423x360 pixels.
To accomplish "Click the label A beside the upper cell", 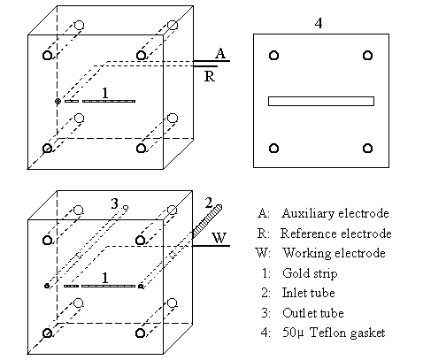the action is (x=220, y=53).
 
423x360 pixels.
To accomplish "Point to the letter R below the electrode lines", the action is (x=210, y=76).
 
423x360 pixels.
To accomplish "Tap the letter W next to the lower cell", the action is (x=219, y=238).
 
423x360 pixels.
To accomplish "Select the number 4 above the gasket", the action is (x=319, y=23).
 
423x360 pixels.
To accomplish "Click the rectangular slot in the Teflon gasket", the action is (x=321, y=101).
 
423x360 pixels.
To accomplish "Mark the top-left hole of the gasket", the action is (x=273, y=56).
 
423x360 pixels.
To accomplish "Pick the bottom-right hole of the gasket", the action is (x=367, y=148).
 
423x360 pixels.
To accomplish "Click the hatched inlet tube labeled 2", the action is (x=207, y=220).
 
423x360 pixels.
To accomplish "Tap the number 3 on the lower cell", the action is (x=114, y=203).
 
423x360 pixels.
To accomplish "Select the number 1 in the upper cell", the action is (x=105, y=93).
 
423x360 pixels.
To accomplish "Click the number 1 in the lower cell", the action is (x=105, y=278).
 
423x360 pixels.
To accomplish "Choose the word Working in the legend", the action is (x=307, y=253).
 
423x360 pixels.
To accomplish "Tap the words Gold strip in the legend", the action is (x=310, y=273).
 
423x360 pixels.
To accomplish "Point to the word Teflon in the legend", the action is (x=327, y=333).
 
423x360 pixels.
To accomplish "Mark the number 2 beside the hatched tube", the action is (x=209, y=203).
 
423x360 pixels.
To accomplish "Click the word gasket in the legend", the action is (x=367, y=333).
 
